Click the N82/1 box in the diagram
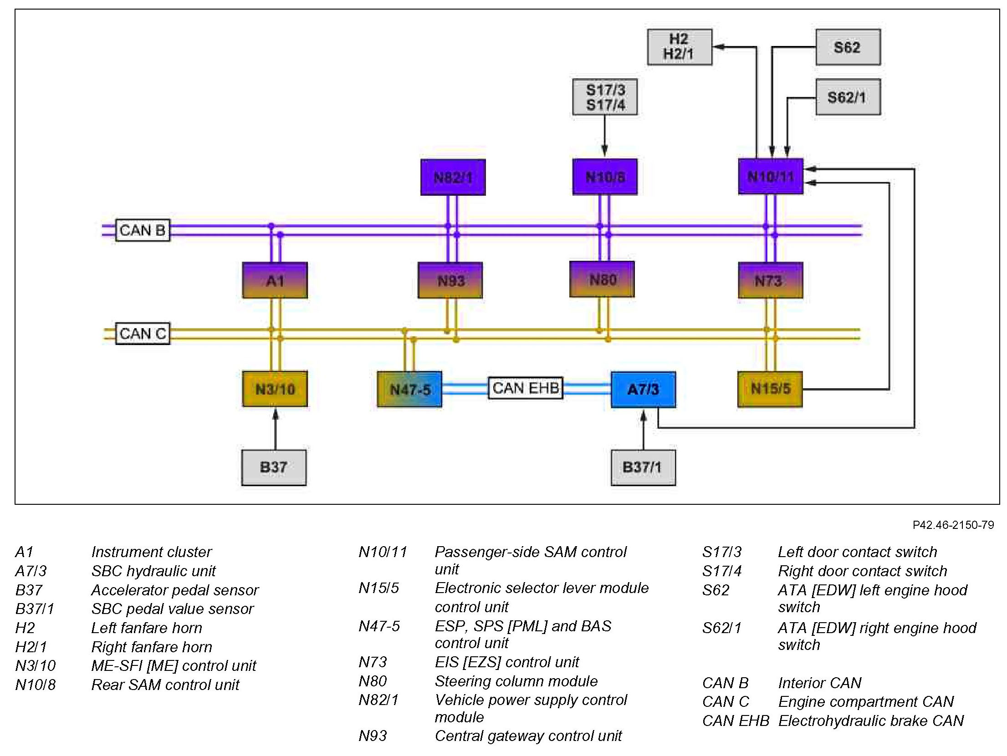click(x=453, y=177)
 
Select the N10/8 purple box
click(x=604, y=177)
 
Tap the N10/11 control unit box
click(x=770, y=176)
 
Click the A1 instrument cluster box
click(x=275, y=280)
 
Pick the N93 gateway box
click(x=450, y=280)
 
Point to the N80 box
click(x=602, y=279)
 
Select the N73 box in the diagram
click(x=770, y=280)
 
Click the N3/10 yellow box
click(x=275, y=389)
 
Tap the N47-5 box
click(x=409, y=389)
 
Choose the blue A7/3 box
click(x=643, y=389)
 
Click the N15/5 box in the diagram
click(x=770, y=389)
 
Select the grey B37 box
click(x=274, y=467)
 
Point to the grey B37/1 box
click(x=643, y=467)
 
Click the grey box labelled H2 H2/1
click(x=680, y=47)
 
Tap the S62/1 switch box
click(x=848, y=97)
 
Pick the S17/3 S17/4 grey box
click(x=605, y=97)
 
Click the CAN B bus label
click(x=143, y=230)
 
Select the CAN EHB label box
click(x=526, y=388)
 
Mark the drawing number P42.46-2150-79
click(x=953, y=525)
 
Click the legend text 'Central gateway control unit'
click(x=528, y=736)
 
